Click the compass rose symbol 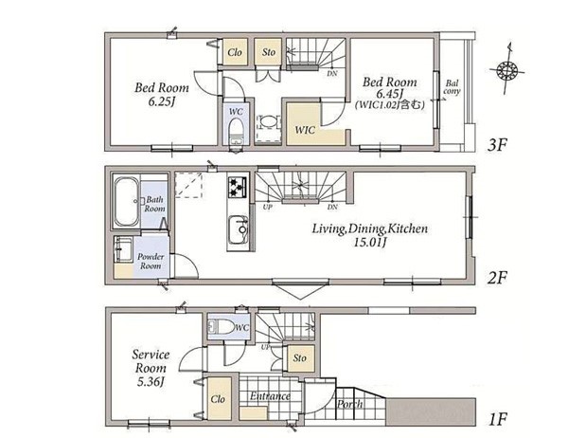click(506, 69)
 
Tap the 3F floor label click(497, 145)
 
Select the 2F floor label click(497, 278)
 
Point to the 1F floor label click(497, 420)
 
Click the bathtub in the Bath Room click(127, 202)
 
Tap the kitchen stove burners click(238, 188)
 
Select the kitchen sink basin click(238, 229)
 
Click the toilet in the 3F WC click(237, 132)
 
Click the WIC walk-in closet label click(305, 130)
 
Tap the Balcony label click(452, 88)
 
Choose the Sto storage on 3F click(269, 52)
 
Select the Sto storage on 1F click(299, 358)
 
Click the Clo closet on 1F click(219, 399)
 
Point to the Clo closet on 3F click(235, 52)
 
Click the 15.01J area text click(369, 243)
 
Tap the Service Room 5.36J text click(151, 368)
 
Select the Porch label click(350, 404)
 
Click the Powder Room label click(151, 261)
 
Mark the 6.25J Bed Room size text click(162, 102)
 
